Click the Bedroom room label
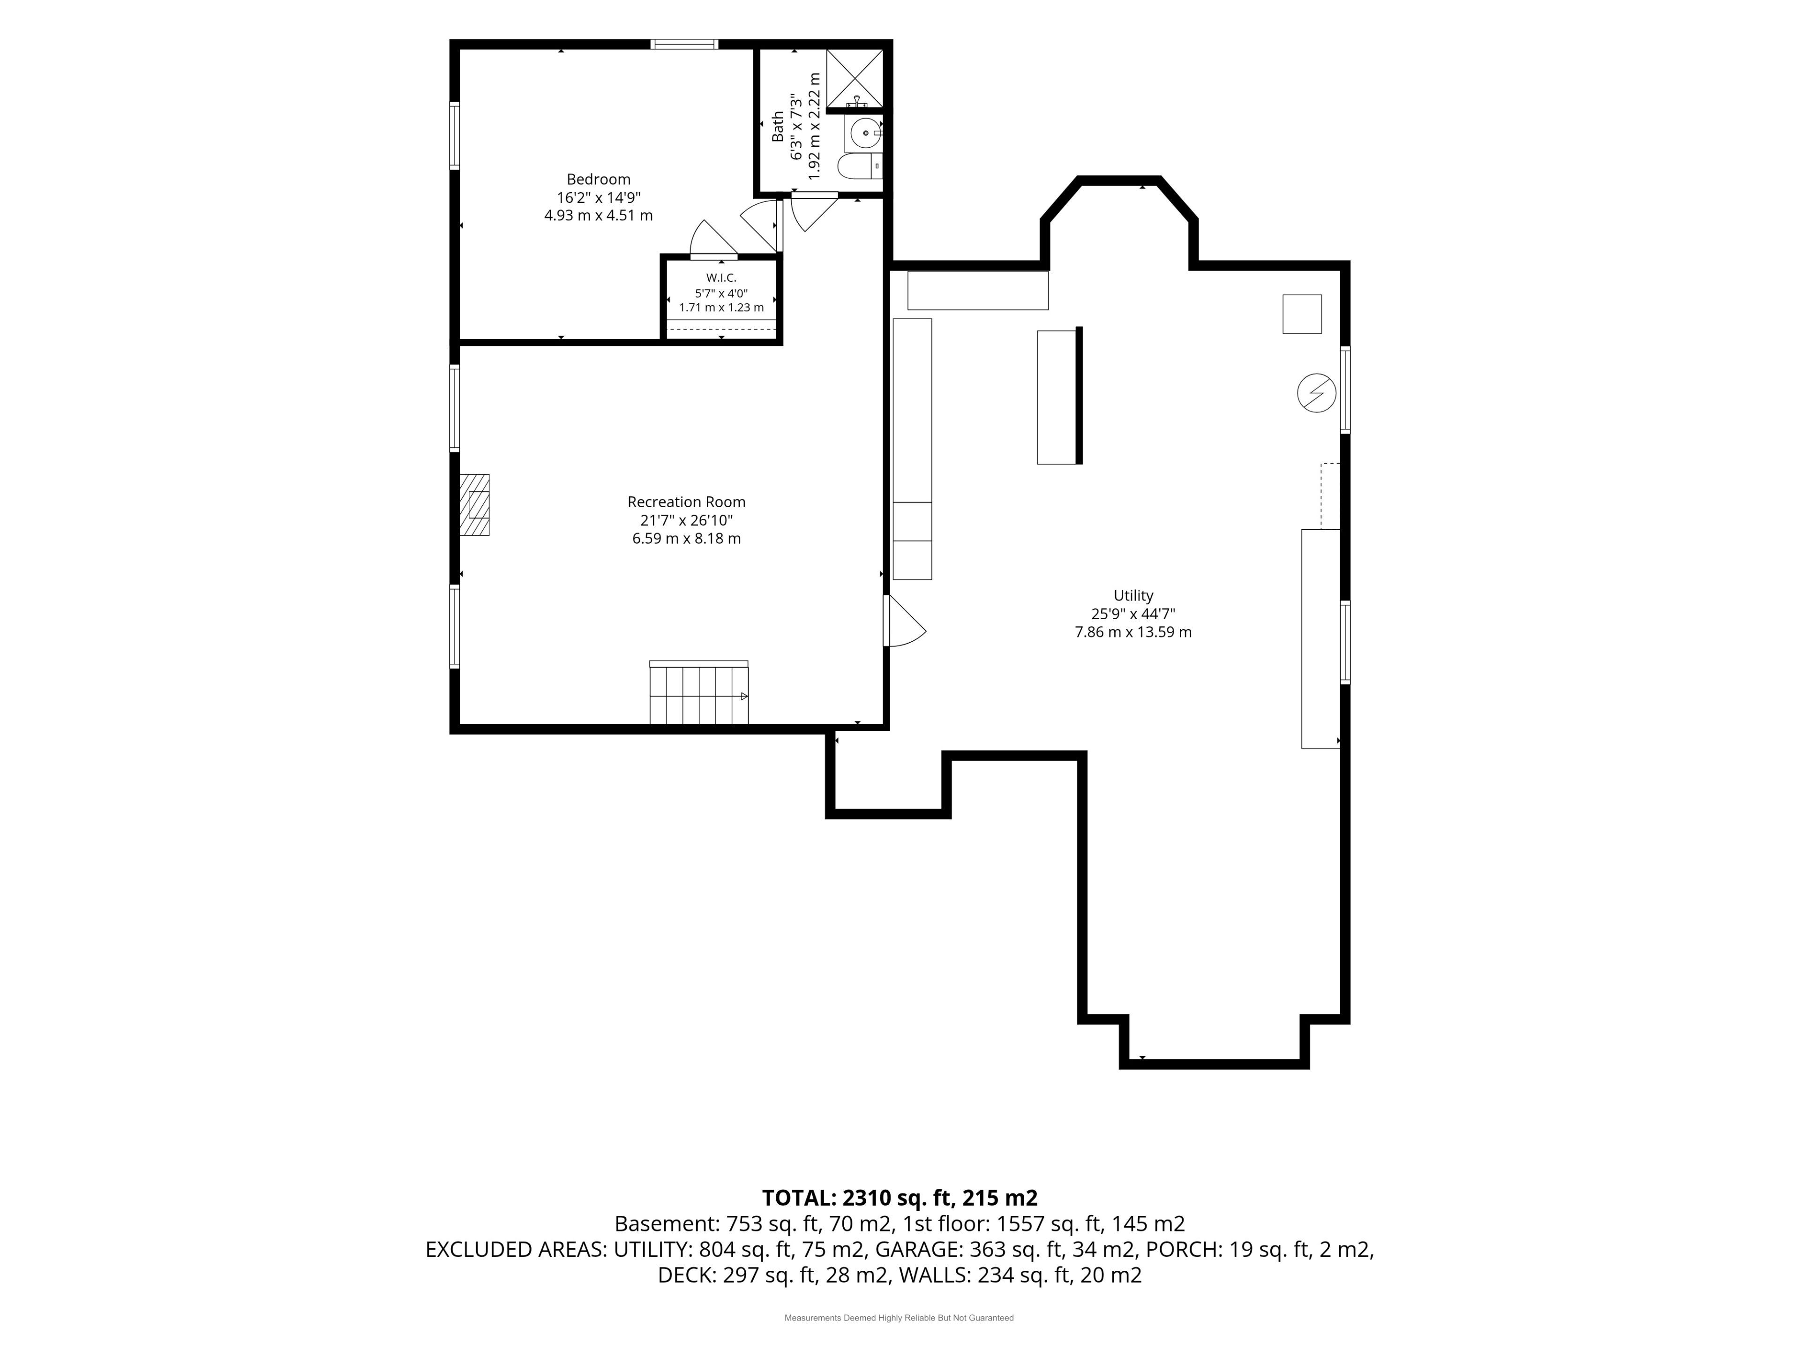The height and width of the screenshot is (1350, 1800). click(598, 179)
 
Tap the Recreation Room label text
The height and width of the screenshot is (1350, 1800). click(686, 502)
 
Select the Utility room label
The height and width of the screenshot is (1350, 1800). click(1132, 596)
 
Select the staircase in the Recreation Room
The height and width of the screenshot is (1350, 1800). click(698, 692)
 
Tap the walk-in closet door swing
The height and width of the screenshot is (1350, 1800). click(713, 239)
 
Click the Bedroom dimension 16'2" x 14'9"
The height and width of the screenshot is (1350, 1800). click(598, 198)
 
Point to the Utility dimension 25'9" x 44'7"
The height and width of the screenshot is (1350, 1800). click(1132, 615)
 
